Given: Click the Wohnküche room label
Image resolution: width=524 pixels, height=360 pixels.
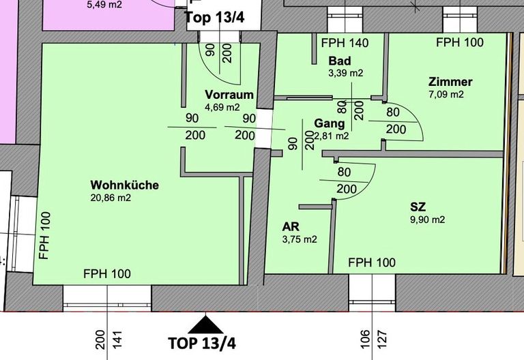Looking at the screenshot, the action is pos(125,185).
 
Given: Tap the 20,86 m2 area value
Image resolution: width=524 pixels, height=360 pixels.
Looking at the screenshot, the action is pos(111,198).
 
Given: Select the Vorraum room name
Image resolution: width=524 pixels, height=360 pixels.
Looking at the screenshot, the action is pos(229,95).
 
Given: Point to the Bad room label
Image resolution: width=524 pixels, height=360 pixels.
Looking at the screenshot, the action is pos(340,61).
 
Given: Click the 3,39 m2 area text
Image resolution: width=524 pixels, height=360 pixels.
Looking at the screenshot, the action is pos(345,73).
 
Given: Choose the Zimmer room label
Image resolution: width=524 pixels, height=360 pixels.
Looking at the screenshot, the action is pos(450,82).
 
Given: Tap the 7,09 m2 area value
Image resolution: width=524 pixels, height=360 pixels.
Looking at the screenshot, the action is pos(446,94).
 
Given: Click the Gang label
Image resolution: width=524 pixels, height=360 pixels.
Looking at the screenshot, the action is pos(329,123).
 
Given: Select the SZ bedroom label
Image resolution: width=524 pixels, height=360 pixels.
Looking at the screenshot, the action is pos(418,207).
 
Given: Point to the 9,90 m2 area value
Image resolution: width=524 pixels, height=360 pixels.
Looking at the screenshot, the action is pos(428,220).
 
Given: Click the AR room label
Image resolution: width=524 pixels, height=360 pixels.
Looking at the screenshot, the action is pos(291,227).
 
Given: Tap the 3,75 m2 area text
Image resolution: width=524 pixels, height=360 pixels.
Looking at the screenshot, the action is pos(300,239).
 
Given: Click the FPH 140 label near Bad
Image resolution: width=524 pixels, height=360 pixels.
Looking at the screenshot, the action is pos(345,43).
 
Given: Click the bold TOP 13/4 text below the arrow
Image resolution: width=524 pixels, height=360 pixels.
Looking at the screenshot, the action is pos(202,344).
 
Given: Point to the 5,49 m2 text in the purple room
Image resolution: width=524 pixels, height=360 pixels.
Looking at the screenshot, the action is pos(104,5).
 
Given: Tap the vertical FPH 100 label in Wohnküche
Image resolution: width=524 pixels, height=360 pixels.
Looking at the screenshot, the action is pos(45,236).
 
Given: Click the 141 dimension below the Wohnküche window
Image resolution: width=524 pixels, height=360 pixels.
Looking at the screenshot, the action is pos(117,340).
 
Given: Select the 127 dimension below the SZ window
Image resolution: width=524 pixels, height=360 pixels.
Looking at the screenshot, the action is pos(382,340).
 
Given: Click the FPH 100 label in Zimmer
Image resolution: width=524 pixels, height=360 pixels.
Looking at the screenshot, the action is pos(460,42).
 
